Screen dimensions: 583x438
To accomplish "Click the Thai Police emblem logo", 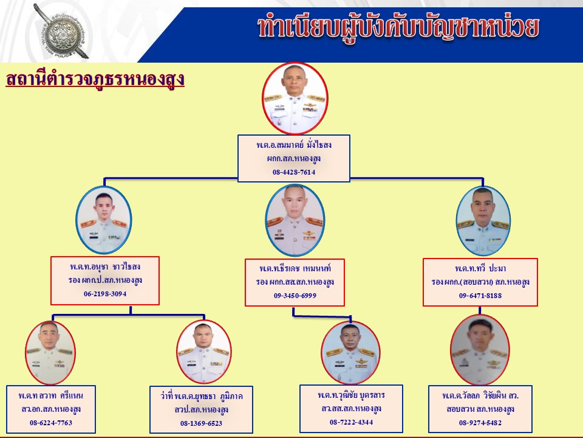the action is (x=63, y=32).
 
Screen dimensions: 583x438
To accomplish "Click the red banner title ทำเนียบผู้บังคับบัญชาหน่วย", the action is (x=398, y=27).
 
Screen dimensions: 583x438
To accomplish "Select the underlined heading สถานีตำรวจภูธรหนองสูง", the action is (x=95, y=79).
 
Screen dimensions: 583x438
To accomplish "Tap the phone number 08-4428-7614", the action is (x=294, y=172).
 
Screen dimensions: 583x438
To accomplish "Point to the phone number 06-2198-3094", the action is (x=105, y=293).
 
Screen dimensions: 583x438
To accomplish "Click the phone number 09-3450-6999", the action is (x=295, y=296).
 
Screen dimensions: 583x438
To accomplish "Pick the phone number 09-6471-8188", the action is (x=480, y=296).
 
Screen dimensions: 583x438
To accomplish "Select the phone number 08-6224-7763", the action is (x=51, y=422).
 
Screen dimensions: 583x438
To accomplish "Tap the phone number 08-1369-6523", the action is (x=201, y=423).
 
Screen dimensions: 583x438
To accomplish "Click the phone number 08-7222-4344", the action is (x=351, y=422).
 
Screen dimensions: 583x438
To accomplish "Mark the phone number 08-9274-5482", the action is (x=480, y=422).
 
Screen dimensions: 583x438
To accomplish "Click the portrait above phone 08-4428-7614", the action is (x=295, y=98).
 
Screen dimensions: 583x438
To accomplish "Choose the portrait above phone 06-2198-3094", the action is (x=104, y=220).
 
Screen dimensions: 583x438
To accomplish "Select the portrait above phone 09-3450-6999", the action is (x=295, y=220).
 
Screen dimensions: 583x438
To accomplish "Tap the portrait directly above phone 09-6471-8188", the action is (x=483, y=220).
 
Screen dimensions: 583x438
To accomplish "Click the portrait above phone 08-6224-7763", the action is (x=50, y=352).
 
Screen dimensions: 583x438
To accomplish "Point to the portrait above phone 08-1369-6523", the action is (x=204, y=352).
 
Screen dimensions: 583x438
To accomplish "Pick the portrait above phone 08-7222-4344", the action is (x=350, y=352).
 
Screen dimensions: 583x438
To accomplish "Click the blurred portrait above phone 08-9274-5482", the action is (x=480, y=350).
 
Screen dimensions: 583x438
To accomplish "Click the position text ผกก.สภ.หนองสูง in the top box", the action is (x=294, y=158).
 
